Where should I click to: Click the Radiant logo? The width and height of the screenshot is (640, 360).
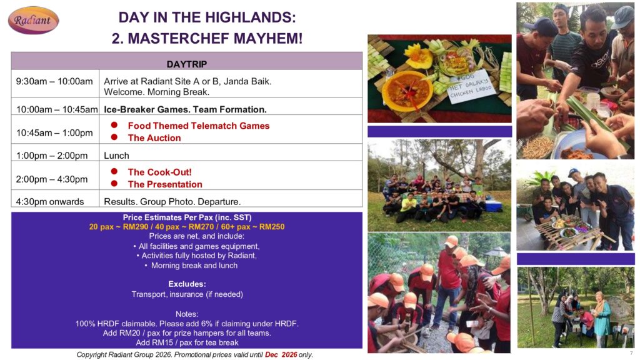pyautogui.click(x=34, y=20)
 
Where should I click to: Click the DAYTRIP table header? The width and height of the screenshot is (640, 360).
pyautogui.click(x=186, y=64)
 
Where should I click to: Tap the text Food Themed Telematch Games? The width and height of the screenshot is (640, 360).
pyautogui.click(x=198, y=126)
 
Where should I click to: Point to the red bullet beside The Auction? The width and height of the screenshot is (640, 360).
pyautogui.click(x=114, y=137)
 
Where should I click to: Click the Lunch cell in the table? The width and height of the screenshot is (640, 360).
pyautogui.click(x=116, y=156)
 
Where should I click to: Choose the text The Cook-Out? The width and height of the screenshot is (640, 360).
pyautogui.click(x=159, y=172)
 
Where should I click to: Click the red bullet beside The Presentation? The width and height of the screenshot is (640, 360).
pyautogui.click(x=114, y=184)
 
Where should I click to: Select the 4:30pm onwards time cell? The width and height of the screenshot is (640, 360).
pyautogui.click(x=50, y=202)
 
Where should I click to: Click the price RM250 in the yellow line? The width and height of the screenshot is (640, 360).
pyautogui.click(x=272, y=227)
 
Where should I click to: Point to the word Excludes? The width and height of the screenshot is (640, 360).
pyautogui.click(x=187, y=284)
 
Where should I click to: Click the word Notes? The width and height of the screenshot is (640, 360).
pyautogui.click(x=187, y=314)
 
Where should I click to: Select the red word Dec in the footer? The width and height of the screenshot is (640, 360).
pyautogui.click(x=271, y=355)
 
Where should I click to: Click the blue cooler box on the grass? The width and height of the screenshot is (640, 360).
pyautogui.click(x=493, y=205)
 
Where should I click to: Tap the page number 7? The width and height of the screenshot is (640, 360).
pyautogui.click(x=631, y=353)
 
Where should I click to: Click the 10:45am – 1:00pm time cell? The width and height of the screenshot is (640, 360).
pyautogui.click(x=54, y=132)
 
